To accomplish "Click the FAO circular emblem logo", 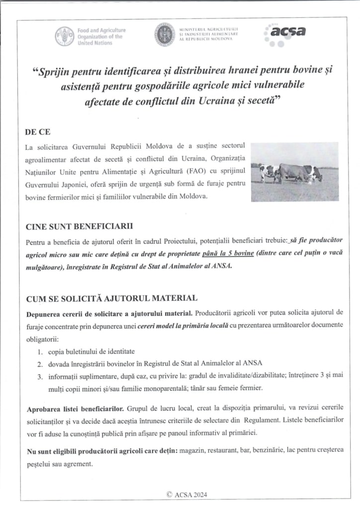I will tap(64, 36).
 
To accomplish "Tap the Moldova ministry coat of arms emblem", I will tap(165, 34).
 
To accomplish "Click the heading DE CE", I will tap(37, 133).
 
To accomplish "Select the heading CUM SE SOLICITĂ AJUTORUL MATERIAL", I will tap(111, 298).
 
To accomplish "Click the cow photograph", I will tap(294, 171).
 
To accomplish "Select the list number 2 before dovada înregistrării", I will tap(40, 362).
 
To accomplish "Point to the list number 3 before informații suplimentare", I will tap(40, 374).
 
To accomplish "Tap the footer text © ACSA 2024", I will tap(187, 494).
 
